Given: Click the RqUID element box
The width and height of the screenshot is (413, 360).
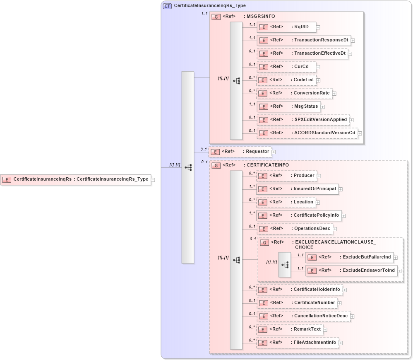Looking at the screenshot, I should [x=286, y=27].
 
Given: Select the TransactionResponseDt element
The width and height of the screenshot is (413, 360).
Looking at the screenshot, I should [x=304, y=40].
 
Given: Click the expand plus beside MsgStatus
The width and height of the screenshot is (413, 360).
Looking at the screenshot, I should [x=323, y=107].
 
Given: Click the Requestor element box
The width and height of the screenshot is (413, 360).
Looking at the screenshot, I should [x=240, y=152].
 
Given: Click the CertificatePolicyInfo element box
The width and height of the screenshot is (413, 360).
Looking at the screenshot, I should [x=298, y=215].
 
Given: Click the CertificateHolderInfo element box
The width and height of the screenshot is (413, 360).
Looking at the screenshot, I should [x=299, y=289].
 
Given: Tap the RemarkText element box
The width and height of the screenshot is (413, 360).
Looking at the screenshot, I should [x=289, y=329].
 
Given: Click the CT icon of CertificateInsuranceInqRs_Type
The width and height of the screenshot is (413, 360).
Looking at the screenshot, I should [x=168, y=6].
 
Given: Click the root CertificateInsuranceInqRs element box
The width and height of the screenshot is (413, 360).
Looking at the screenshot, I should [x=75, y=179].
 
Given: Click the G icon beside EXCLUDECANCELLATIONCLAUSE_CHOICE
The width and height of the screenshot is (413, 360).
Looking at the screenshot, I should [x=264, y=242].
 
